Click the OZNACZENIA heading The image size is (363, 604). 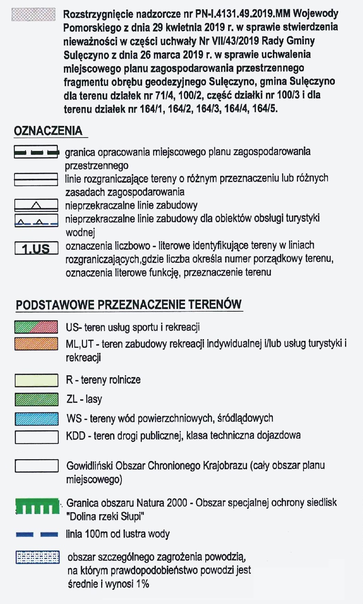point(48,131)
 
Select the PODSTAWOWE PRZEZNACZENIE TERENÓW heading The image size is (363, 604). point(129,305)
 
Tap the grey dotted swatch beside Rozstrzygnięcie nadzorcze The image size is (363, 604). point(33,15)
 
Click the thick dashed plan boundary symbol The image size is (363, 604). point(36,152)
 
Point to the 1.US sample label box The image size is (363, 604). point(36,248)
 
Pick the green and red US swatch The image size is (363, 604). point(36,327)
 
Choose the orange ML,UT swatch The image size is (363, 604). point(36,344)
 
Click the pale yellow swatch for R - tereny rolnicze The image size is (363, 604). point(36,380)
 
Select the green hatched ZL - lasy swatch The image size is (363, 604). point(36,399)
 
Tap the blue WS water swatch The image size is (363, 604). point(36,419)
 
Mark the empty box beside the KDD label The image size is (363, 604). point(36,437)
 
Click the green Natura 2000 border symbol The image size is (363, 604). point(37,506)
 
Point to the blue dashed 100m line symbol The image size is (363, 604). point(37,534)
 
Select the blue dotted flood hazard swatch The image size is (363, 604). point(38,557)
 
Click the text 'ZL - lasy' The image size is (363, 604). point(84,399)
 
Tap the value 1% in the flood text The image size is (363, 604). point(142,584)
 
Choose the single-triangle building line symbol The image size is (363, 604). point(36,205)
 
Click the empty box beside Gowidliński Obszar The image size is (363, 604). point(36,466)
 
